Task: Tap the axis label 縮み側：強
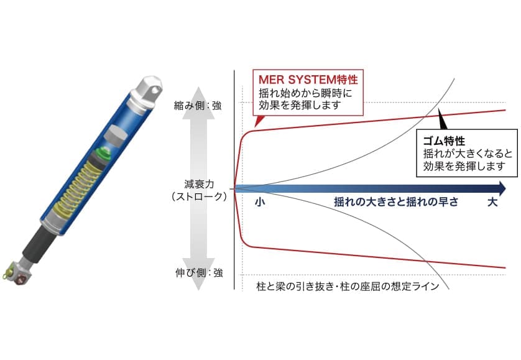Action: coord(198,106)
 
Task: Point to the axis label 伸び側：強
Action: coord(198,272)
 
